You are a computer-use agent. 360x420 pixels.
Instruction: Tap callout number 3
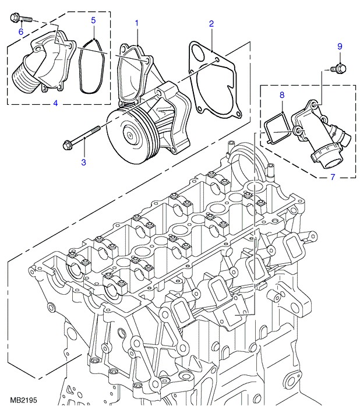[x=83, y=162]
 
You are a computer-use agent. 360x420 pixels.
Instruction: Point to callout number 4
[x=55, y=104]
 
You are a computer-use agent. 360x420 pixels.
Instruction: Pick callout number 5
[x=93, y=21]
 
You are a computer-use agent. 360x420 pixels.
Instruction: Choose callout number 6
[x=21, y=31]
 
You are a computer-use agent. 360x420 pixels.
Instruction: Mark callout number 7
[x=333, y=175]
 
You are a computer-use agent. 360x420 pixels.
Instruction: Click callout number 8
[x=281, y=94]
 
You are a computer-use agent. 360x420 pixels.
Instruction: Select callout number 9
[x=340, y=47]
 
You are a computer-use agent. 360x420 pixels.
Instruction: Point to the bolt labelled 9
[x=338, y=70]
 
